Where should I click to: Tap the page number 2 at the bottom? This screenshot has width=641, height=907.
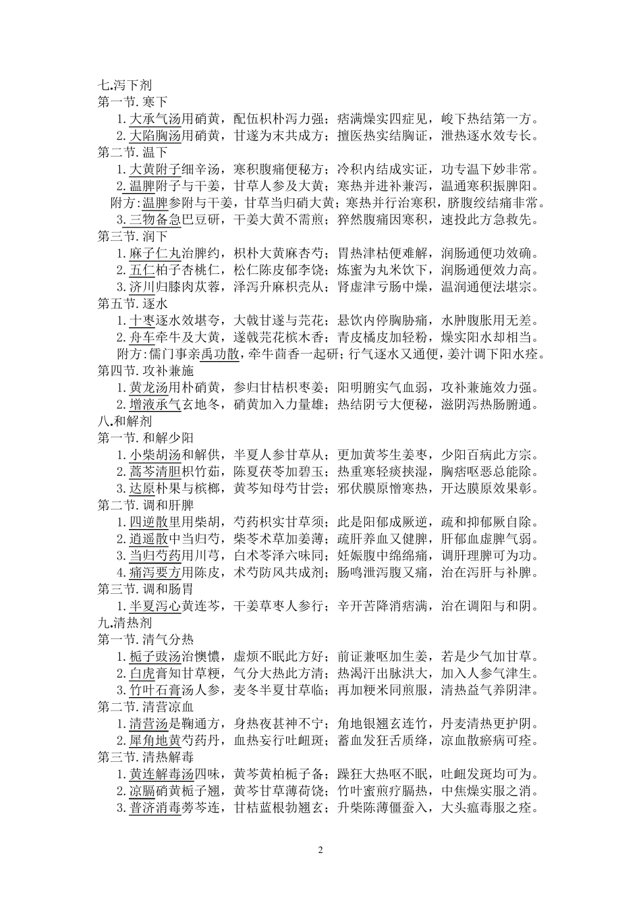point(320,850)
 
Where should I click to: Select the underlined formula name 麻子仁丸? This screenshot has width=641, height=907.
point(156,254)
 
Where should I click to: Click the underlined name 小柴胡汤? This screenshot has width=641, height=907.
point(156,454)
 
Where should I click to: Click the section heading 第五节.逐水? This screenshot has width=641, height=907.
point(133,304)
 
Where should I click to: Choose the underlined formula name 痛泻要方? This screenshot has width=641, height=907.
point(156,572)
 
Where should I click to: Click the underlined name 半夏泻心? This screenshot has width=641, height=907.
point(156,605)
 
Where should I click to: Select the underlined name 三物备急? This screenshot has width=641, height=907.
point(156,220)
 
